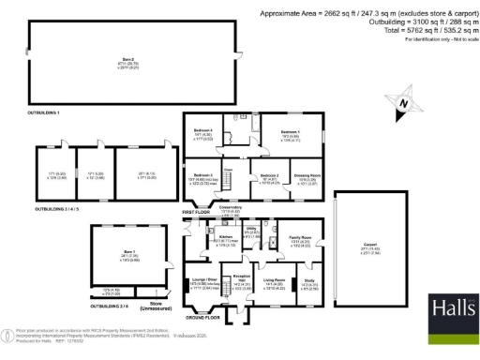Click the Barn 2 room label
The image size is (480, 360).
coord(103,58)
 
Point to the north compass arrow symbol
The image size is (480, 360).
coord(403,102)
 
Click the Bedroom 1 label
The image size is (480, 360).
coord(290,133)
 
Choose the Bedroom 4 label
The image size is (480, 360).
coord(203,131)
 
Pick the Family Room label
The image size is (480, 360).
coord(300,240)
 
